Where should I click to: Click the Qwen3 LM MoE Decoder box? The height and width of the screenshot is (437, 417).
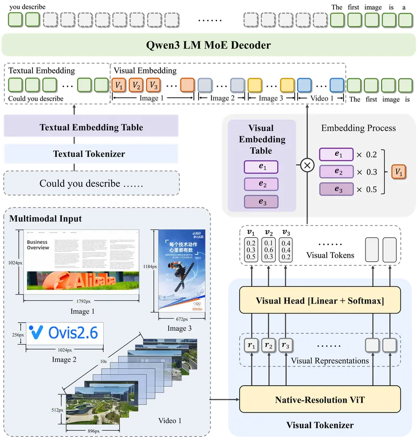(x=208, y=45)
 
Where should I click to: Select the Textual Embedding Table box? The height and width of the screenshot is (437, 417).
(x=91, y=127)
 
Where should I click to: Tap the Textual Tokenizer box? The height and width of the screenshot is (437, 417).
(x=91, y=154)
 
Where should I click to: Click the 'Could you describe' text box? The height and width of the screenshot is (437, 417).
(x=91, y=184)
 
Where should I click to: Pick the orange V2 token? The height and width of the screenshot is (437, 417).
(x=136, y=84)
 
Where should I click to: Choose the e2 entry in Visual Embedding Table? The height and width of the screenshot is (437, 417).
(x=261, y=184)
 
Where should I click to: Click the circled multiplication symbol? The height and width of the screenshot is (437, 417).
(x=307, y=165)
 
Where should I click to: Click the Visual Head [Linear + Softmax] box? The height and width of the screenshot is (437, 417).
(x=320, y=301)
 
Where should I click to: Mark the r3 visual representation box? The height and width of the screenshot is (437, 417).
(x=286, y=345)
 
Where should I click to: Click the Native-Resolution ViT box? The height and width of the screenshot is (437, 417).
(x=320, y=400)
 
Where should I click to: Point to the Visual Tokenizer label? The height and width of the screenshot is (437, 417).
(x=320, y=426)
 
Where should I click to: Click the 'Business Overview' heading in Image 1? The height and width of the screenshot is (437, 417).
(x=38, y=245)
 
